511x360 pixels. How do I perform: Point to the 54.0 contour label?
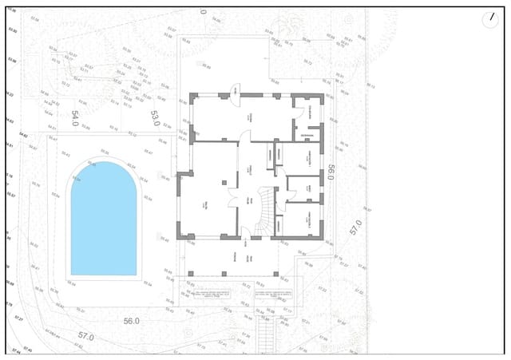click(x=76, y=119)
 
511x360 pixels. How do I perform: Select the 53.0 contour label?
click(x=155, y=118)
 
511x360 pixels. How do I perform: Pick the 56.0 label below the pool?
click(x=132, y=320)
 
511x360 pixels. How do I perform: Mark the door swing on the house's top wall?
click(x=236, y=90)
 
